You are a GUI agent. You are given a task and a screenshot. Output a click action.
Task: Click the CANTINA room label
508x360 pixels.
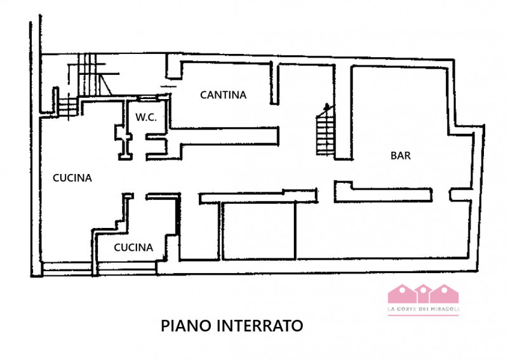(223, 95)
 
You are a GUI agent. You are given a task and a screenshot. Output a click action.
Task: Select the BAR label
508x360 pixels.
(400, 156)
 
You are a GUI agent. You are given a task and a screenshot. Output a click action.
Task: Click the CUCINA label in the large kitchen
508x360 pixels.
(72, 178)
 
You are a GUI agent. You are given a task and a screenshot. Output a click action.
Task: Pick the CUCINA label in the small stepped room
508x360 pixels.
(133, 248)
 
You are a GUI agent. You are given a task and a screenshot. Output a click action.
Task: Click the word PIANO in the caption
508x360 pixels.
(187, 326)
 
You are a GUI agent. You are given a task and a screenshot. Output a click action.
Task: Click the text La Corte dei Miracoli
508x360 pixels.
(423, 309)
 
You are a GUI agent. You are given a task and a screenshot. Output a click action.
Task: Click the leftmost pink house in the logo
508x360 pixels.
(399, 294)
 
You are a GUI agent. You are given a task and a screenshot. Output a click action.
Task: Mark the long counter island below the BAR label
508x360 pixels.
(384, 193)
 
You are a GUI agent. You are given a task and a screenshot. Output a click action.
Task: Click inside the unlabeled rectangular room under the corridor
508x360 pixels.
(258, 231)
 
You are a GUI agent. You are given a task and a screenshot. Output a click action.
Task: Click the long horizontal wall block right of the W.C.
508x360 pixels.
(222, 135)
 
